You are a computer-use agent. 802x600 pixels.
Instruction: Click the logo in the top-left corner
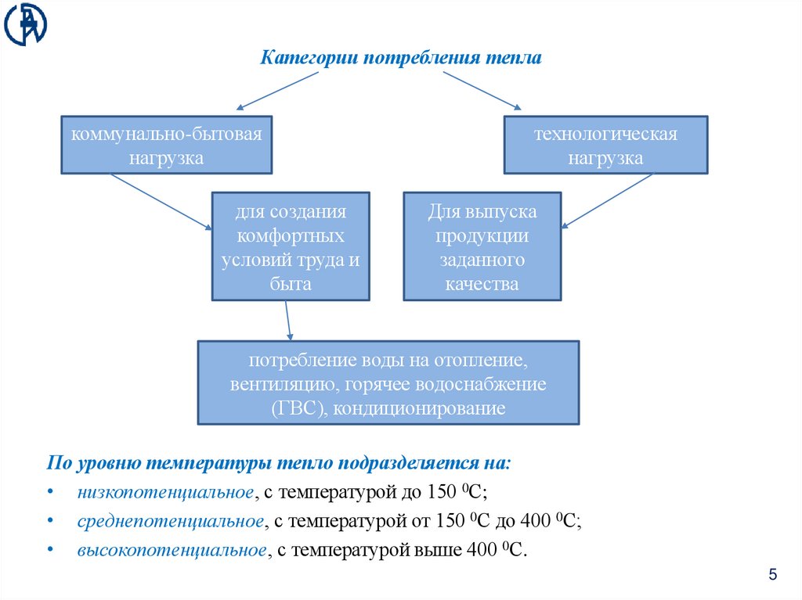pyautogui.click(x=25, y=24)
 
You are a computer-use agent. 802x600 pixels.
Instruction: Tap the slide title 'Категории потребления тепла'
pyautogui.click(x=401, y=59)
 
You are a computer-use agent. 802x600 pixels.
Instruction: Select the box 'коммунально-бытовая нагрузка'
pyautogui.click(x=167, y=146)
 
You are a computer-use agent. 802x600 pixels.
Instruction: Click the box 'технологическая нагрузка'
pyautogui.click(x=605, y=146)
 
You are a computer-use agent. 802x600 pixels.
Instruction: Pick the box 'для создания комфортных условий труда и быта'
pyautogui.click(x=291, y=247)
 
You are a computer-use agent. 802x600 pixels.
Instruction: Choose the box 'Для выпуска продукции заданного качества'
pyautogui.click(x=482, y=247)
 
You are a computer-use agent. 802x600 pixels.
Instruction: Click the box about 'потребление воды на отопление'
pyautogui.click(x=388, y=383)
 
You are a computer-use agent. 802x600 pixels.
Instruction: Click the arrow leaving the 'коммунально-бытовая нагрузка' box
pyautogui.click(x=161, y=201)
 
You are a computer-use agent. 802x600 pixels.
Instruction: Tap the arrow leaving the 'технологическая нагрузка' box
pyautogui.click(x=607, y=200)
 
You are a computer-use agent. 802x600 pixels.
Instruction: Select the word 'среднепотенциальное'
pyautogui.click(x=169, y=521)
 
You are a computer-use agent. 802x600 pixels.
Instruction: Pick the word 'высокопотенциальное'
pyautogui.click(x=172, y=550)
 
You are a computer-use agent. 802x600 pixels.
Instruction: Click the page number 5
pyautogui.click(x=773, y=576)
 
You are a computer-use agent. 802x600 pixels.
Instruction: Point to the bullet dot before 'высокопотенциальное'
pyautogui.click(x=50, y=550)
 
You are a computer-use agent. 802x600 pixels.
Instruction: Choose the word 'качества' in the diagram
pyautogui.click(x=482, y=284)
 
